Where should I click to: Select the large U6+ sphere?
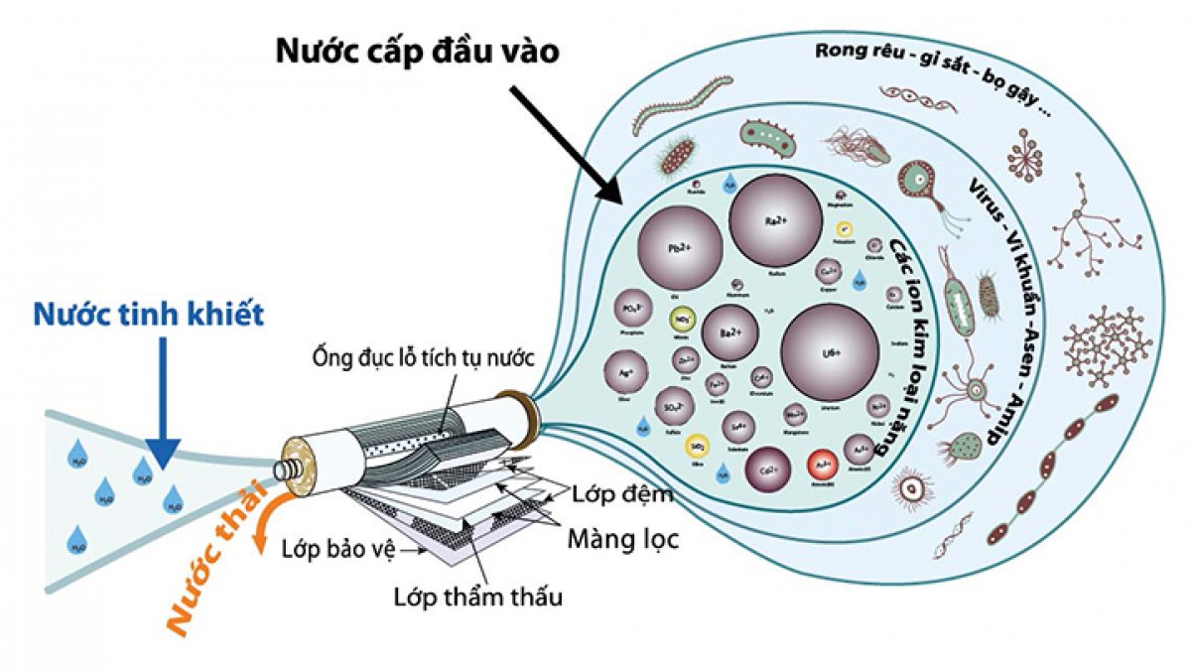[830, 352]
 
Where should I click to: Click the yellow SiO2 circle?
[698, 445]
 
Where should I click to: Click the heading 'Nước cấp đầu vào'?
[418, 52]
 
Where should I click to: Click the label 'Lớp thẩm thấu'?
[477, 597]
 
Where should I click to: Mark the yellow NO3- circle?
[682, 321]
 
